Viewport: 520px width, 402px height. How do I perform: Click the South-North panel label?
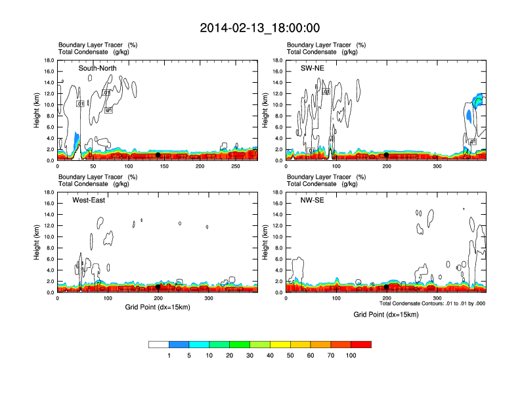[x=98, y=68]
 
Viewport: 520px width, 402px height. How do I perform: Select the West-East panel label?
[x=90, y=200]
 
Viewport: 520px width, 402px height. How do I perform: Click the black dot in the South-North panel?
[x=158, y=155]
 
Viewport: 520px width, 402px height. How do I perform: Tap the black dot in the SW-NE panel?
[x=387, y=155]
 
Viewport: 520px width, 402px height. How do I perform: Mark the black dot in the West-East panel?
[x=158, y=287]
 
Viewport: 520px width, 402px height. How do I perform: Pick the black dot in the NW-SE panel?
[x=387, y=287]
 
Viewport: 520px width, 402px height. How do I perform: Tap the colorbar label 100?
[x=351, y=355]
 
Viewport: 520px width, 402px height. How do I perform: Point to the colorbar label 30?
[x=250, y=355]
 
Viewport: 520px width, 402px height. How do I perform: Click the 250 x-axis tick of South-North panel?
[x=236, y=167]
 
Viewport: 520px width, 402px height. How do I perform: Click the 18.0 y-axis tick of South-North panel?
[x=48, y=60]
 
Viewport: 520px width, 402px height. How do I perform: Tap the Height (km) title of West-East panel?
[x=37, y=242]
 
